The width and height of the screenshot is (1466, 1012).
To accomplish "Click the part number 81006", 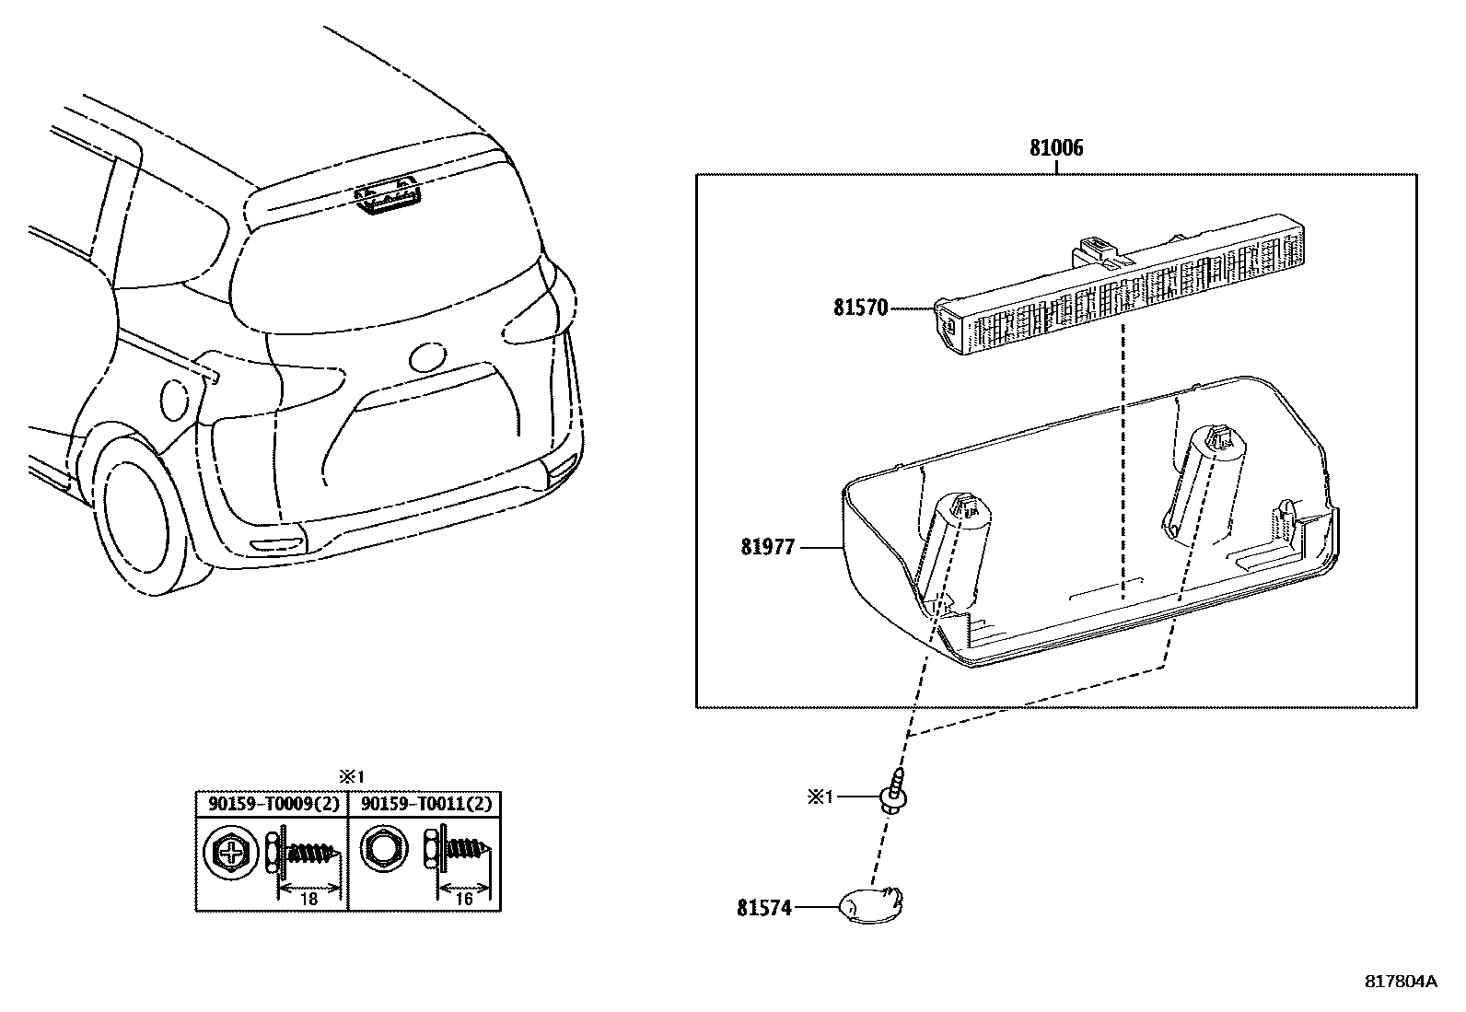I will click(1056, 147).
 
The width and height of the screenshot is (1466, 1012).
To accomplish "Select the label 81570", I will click(861, 307).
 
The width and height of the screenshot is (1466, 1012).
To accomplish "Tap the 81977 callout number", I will click(767, 547).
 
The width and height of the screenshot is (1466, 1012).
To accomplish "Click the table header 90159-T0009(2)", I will click(273, 804).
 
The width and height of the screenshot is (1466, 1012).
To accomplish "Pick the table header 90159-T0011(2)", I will click(425, 804).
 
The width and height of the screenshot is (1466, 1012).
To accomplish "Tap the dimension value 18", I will click(308, 898).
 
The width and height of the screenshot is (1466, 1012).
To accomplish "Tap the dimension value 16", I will click(463, 898).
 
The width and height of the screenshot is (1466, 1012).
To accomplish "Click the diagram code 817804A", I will click(1400, 981).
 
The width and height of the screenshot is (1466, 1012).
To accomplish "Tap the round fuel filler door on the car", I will click(174, 398).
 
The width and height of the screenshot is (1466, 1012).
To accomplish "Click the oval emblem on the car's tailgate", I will click(428, 357).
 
